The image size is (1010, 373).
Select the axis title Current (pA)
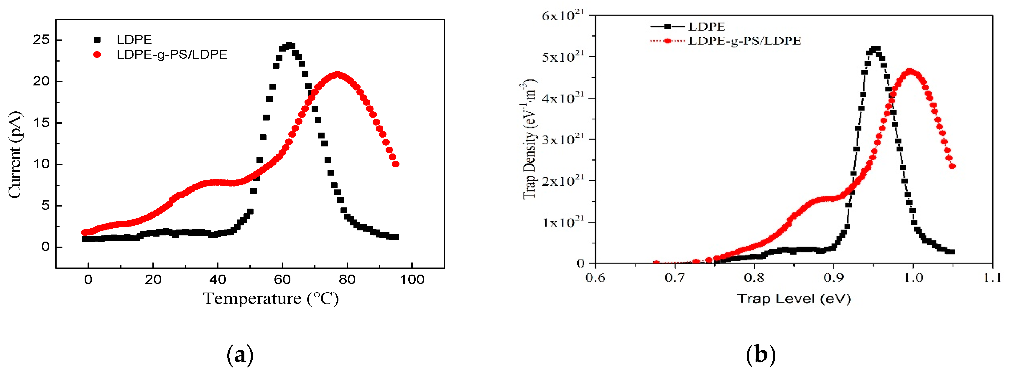(15, 155)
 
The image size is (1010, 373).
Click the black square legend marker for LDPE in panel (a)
(97, 39)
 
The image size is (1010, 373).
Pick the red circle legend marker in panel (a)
(97, 55)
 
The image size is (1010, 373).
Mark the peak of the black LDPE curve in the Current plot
(289, 45)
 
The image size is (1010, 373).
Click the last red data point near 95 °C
(396, 164)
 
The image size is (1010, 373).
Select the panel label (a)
(240, 354)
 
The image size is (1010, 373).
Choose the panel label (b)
(761, 354)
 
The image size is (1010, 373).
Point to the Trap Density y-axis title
(529, 139)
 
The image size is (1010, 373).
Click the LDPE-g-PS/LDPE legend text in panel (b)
(745, 41)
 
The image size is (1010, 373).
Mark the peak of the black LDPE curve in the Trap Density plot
(875, 49)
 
